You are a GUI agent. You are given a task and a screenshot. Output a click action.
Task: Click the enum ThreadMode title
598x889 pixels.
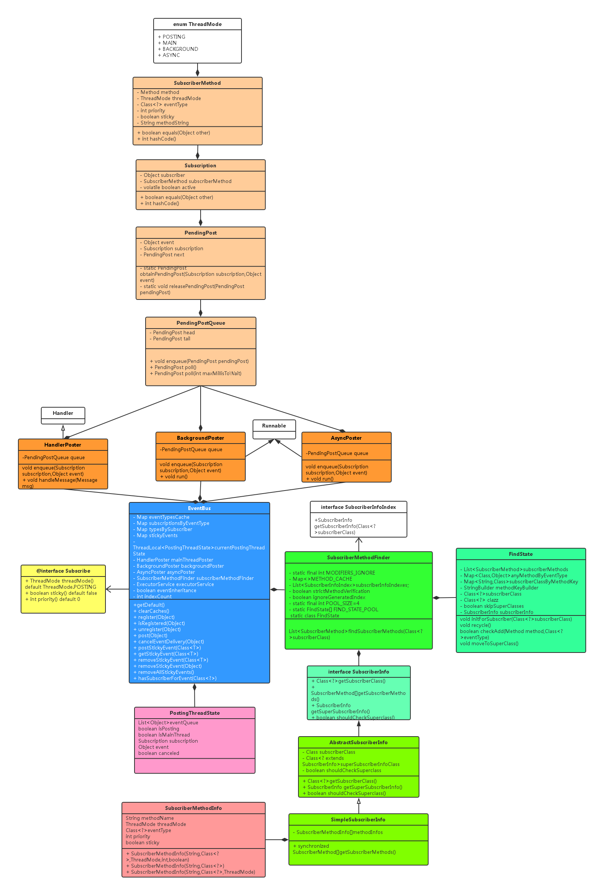click(x=197, y=24)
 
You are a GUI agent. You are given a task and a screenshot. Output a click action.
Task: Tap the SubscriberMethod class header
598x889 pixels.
click(x=197, y=83)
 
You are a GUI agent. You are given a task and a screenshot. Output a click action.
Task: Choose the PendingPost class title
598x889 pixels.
click(x=201, y=233)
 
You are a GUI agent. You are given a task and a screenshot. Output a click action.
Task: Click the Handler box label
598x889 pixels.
click(x=63, y=413)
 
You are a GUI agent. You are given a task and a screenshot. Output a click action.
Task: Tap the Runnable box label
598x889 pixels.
click(x=274, y=426)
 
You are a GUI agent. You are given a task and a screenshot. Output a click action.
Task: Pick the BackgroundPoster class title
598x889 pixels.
click(x=201, y=438)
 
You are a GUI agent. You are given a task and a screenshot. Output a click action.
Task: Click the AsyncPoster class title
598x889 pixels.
click(x=346, y=438)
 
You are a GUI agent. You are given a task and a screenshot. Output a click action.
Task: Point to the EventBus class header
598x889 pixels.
click(x=199, y=508)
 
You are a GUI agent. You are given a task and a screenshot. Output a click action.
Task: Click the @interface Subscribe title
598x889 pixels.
click(x=63, y=571)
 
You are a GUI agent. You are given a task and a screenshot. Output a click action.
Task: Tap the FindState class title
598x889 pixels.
click(x=521, y=554)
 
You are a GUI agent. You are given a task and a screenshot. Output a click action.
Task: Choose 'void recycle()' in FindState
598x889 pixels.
click(x=475, y=625)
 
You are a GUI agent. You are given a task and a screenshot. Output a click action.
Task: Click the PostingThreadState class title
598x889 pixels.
click(x=195, y=713)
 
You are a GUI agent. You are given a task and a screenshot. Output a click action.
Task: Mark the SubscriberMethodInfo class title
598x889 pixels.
click(x=193, y=808)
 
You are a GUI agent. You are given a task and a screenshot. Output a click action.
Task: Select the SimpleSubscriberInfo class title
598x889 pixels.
click(x=358, y=819)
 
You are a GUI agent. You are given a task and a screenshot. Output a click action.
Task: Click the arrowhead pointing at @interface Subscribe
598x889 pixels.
click(x=108, y=589)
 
